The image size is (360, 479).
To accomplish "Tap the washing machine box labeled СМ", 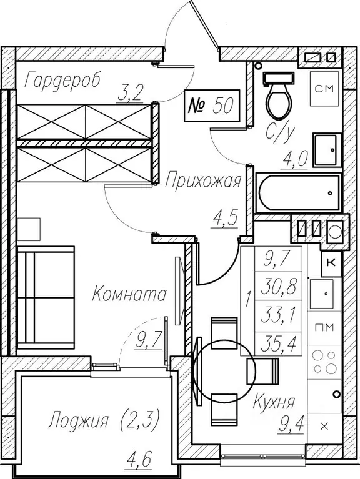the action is coord(324,89).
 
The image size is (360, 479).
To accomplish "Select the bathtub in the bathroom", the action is coord(297,192).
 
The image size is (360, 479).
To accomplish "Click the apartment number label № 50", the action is coord(211,106).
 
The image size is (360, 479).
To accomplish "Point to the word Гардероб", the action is coord(62,80).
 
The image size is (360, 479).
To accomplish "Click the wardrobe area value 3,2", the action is coord(131,94).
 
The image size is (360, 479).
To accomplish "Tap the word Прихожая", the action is coord(203,182).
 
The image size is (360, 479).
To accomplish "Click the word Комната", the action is coord(129,294).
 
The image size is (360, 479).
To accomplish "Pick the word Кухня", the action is coord(274,402).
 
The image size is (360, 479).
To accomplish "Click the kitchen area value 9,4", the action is coord(291,423).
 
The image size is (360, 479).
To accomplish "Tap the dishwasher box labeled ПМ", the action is coord(324,328).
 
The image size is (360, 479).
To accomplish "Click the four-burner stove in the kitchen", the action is coord(324,362).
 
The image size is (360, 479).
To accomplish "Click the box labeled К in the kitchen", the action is coord(331,263).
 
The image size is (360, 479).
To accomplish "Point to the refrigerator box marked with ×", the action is coord(324,426).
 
